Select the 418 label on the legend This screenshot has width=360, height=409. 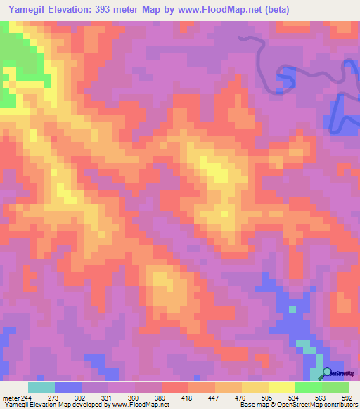coord(181,398)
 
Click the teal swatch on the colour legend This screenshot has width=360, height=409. coord(41,387)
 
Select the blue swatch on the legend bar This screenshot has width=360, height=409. coord(68,387)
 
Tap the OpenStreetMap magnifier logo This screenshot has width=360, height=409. coord(327,373)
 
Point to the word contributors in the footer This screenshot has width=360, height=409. coord(337,405)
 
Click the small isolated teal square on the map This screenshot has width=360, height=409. coord(292,309)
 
